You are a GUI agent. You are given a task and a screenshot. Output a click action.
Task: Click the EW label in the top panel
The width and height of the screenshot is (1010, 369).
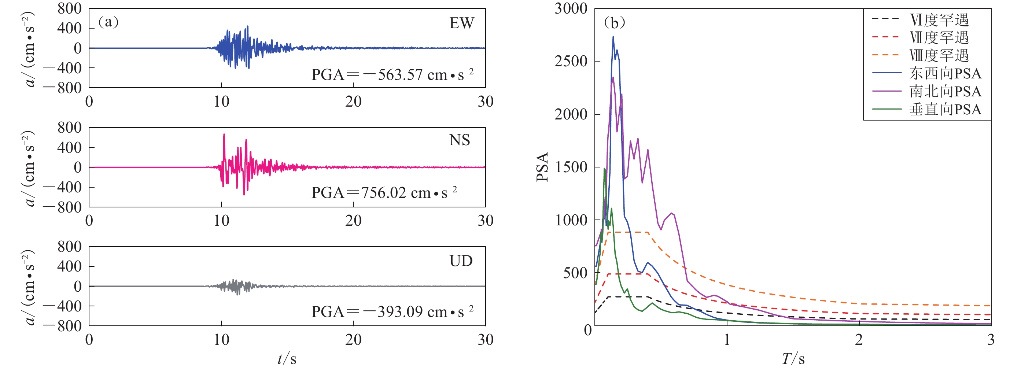[x=461, y=23]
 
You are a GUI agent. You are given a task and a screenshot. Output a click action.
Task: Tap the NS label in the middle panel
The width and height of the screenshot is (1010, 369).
[x=460, y=140]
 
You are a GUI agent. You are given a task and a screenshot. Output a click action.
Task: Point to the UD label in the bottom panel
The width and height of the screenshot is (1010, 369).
[x=461, y=261]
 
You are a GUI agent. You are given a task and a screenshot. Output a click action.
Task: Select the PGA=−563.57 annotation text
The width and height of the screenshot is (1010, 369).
[x=392, y=74]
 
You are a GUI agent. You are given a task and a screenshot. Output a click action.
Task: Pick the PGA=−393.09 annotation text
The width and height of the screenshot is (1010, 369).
[x=392, y=311]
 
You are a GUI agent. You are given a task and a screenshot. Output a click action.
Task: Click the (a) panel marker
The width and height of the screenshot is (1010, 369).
[x=108, y=22]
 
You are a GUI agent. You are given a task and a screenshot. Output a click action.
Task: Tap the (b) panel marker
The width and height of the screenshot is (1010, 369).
[x=614, y=23]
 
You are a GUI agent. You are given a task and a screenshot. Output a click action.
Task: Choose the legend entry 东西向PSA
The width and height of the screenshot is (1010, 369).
[x=945, y=73]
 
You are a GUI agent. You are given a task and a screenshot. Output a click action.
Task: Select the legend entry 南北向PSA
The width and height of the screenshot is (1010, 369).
[x=945, y=91]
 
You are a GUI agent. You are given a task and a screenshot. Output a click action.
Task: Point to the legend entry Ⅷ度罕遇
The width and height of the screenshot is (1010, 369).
[x=939, y=55]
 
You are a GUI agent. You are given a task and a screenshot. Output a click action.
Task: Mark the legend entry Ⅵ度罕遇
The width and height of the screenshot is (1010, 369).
[x=939, y=20]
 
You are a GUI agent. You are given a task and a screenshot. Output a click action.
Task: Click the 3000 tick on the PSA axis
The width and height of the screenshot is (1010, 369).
[x=571, y=9]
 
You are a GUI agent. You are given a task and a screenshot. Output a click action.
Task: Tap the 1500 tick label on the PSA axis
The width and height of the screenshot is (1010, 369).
[x=571, y=167]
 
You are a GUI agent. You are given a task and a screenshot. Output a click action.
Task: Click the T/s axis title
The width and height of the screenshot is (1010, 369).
[x=793, y=358]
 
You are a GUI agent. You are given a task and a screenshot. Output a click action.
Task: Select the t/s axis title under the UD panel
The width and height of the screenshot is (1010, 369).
[x=287, y=358]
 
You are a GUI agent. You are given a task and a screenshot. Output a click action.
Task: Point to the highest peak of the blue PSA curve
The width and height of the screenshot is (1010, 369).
[x=613, y=37]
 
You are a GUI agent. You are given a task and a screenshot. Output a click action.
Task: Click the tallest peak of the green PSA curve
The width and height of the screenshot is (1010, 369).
[x=605, y=169]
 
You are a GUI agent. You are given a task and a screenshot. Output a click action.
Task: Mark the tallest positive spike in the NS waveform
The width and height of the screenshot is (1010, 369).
[x=224, y=134]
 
